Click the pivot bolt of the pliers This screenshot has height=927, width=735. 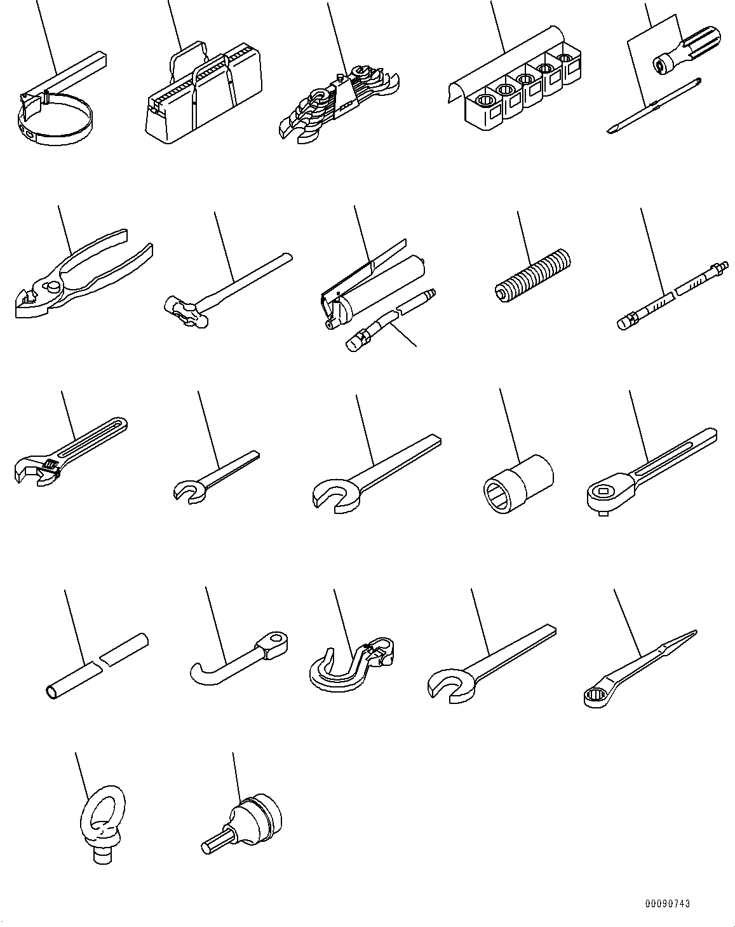[53, 285]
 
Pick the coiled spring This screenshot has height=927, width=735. [532, 275]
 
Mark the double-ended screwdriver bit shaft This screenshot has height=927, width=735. [654, 105]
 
